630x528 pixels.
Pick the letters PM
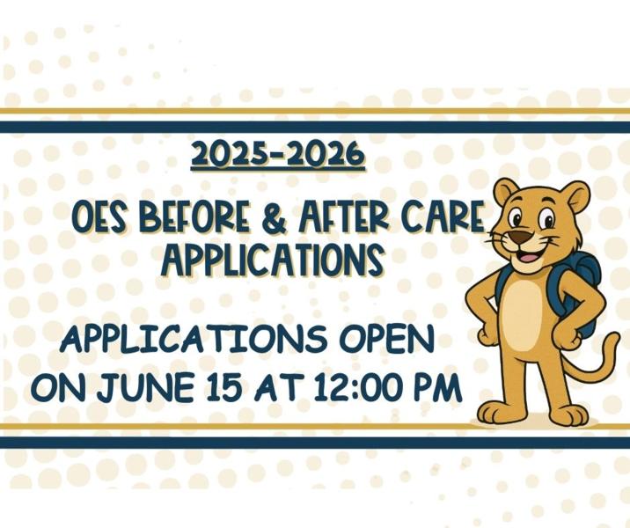pos(437,387)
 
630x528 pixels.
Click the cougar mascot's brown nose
pos(524,237)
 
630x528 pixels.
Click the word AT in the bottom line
pos(276,387)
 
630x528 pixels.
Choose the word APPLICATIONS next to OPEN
pos(194,340)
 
